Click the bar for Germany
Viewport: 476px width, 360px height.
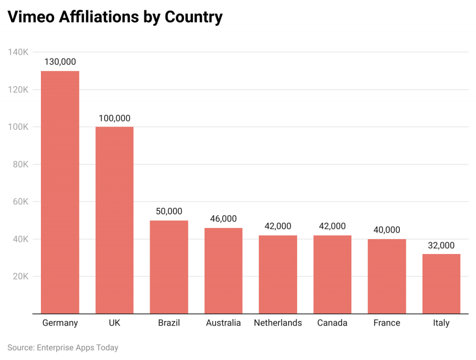[60, 192]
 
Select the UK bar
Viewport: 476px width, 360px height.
[114, 220]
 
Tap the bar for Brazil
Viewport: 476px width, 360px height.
[169, 267]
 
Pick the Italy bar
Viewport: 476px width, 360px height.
[441, 284]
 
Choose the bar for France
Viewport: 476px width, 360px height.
[387, 276]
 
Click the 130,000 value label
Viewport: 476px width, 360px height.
[60, 62]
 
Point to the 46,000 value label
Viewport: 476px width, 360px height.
[224, 219]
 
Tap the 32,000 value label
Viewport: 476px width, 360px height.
[441, 246]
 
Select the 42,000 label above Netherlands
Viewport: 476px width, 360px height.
[278, 226]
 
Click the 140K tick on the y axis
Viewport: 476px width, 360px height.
[18, 52]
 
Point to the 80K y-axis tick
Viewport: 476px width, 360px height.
[20, 164]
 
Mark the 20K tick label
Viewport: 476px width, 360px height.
[20, 276]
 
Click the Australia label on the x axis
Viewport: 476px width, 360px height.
[224, 323]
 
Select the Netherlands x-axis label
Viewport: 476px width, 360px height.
[278, 323]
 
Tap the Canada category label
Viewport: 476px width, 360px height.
[332, 323]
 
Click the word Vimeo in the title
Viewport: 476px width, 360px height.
[31, 17]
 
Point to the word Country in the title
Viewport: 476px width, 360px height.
[194, 18]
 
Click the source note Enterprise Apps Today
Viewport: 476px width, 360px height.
[78, 347]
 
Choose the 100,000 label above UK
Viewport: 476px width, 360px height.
[114, 118]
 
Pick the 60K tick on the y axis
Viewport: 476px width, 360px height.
[20, 202]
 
